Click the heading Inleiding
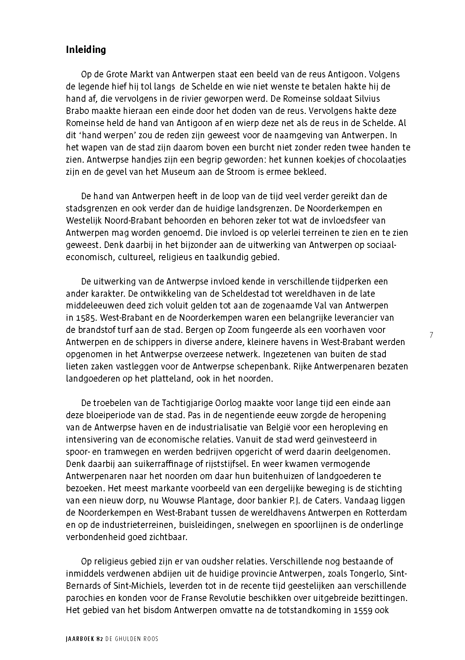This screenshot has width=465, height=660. click(x=86, y=50)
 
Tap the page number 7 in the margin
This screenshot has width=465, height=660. click(x=431, y=335)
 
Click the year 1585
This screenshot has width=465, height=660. click(x=85, y=318)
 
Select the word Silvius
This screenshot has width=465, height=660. click(x=367, y=99)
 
